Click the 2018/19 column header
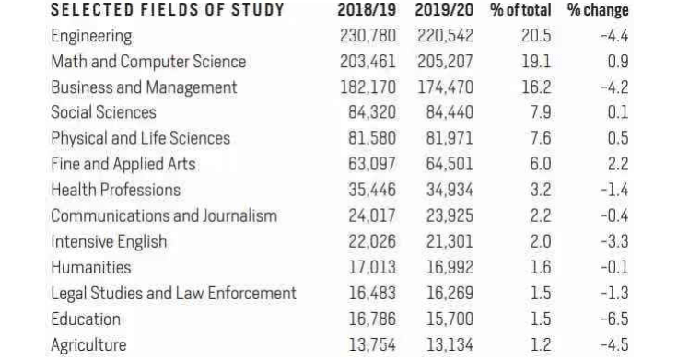coord(367,10)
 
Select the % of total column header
coord(520,10)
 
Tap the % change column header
coord(598,10)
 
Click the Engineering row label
coord(91,37)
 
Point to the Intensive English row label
coord(109,242)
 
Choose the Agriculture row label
coord(88,345)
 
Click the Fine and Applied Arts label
coord(123,164)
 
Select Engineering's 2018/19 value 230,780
coord(368,36)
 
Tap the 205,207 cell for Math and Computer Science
coord(445,62)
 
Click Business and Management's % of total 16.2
coord(536,87)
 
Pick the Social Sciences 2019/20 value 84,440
coord(450,113)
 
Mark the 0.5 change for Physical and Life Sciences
coord(618,139)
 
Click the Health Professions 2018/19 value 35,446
coord(372,190)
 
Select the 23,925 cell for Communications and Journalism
coord(450,216)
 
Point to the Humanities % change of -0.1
coord(614,268)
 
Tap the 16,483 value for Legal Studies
coord(372,294)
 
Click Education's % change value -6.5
coord(614,319)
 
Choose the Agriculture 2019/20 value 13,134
coord(450,345)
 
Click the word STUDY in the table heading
coord(258,10)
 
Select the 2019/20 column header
coord(444,10)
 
